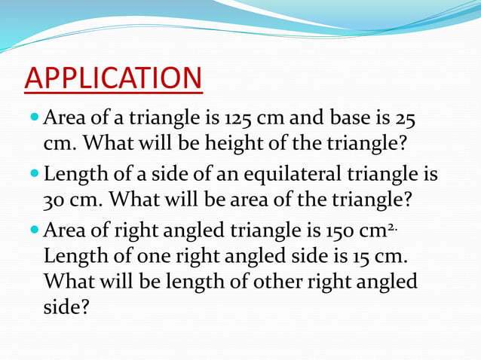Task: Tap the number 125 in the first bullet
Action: click(x=239, y=119)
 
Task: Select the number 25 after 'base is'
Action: click(x=403, y=119)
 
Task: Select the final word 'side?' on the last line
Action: click(x=65, y=307)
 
